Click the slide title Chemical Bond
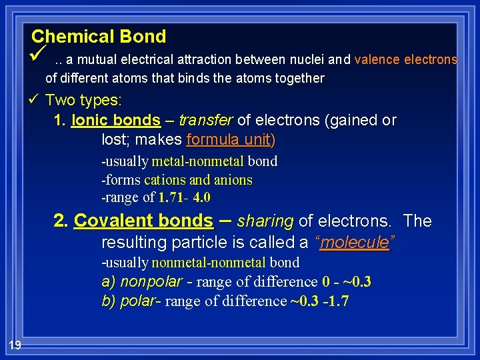[x=99, y=36]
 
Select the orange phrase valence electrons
[x=406, y=59]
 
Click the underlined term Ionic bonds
[x=115, y=121]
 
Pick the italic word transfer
[x=207, y=121]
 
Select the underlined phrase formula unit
[x=230, y=140]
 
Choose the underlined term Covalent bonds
[x=143, y=221]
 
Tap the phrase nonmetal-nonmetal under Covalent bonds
[x=208, y=263]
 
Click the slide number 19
[x=15, y=344]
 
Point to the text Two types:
[x=83, y=100]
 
